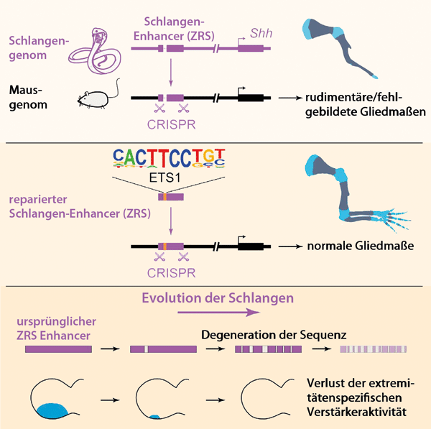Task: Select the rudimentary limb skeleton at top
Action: coord(337,43)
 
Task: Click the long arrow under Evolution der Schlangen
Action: coord(218,313)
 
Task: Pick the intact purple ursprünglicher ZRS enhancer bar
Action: coord(58,349)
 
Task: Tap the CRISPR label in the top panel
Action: coord(170,124)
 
